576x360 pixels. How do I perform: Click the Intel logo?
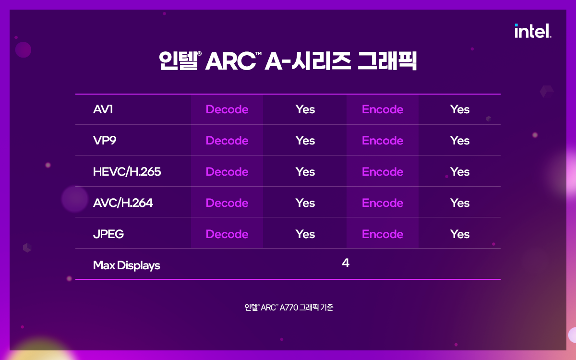pyautogui.click(x=533, y=31)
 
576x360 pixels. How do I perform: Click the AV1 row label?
pyautogui.click(x=103, y=109)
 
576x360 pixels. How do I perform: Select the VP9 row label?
pyautogui.click(x=105, y=140)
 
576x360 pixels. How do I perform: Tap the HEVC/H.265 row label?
pyautogui.click(x=127, y=171)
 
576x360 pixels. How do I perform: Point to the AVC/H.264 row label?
pyautogui.click(x=123, y=203)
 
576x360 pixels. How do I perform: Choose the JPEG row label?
pyautogui.click(x=108, y=234)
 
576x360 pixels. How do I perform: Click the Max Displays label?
pyautogui.click(x=127, y=265)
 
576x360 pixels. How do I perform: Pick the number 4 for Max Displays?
pyautogui.click(x=346, y=263)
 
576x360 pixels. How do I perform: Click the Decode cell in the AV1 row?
pyautogui.click(x=227, y=109)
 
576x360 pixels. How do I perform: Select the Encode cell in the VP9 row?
pyautogui.click(x=383, y=140)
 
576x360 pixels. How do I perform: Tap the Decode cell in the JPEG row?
pyautogui.click(x=227, y=234)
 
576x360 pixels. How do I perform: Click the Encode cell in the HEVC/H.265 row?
pyautogui.click(x=383, y=171)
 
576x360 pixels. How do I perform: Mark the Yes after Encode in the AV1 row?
pyautogui.click(x=460, y=109)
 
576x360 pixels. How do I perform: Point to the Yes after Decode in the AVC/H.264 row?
pyautogui.click(x=305, y=203)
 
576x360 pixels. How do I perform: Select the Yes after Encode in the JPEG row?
pyautogui.click(x=460, y=234)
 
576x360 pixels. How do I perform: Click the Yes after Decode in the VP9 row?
pyautogui.click(x=305, y=140)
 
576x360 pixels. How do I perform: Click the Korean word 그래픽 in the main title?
pyautogui.click(x=387, y=60)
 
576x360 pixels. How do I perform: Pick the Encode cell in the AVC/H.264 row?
pyautogui.click(x=383, y=203)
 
